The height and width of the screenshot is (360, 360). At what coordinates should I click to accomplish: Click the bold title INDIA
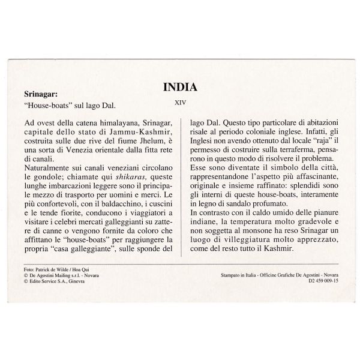point(180,88)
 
